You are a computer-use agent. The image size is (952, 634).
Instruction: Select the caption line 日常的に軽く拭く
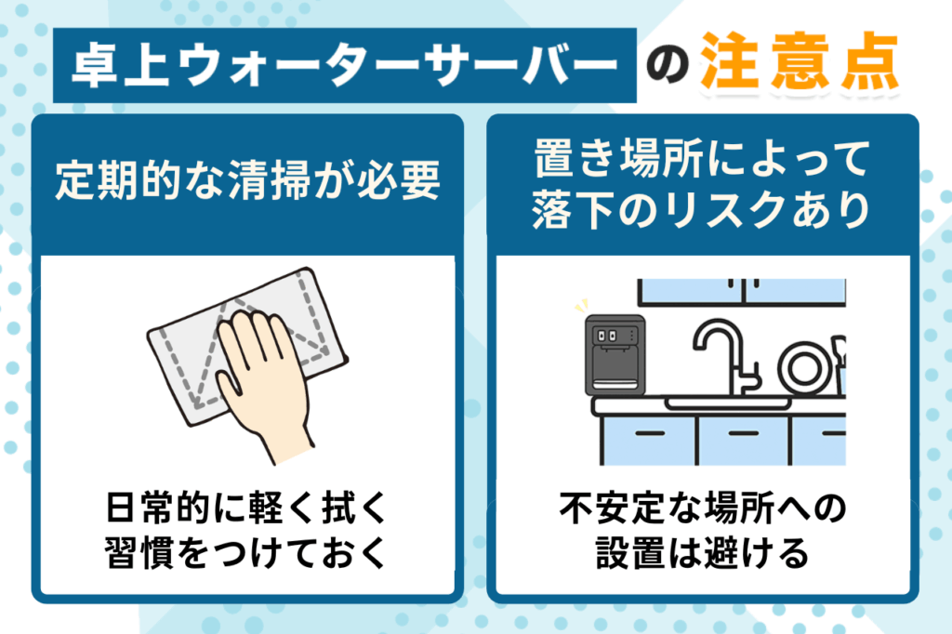(x=247, y=509)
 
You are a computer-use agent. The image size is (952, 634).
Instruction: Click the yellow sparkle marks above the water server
(x=583, y=306)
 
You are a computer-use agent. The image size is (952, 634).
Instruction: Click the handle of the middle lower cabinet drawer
(x=740, y=432)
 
